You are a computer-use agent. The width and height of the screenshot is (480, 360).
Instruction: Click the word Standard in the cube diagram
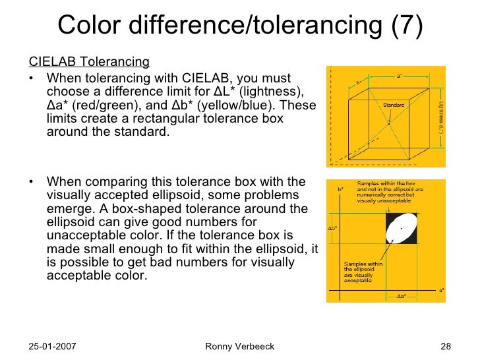tap(393, 104)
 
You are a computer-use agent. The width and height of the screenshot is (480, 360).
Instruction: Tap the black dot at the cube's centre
tap(389, 123)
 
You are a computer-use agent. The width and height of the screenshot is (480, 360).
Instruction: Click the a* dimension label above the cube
tap(400, 76)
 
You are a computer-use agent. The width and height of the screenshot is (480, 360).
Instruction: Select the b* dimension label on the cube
tap(359, 83)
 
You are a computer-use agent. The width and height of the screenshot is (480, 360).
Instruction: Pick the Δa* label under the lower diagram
tap(400, 296)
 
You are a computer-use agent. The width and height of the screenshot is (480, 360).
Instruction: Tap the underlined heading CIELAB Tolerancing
tap(89, 63)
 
